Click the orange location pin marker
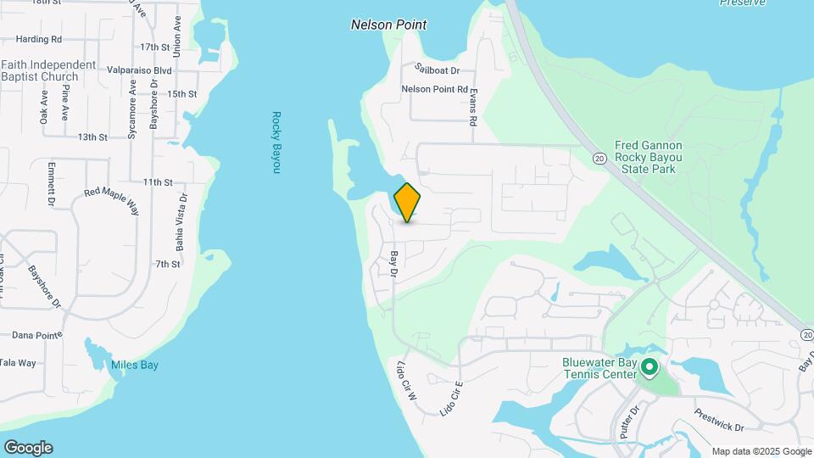(408, 202)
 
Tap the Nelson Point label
(388, 25)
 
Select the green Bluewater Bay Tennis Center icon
(650, 367)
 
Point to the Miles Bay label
(135, 366)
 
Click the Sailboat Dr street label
(437, 70)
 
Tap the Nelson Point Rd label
(435, 89)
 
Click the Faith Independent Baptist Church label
(48, 70)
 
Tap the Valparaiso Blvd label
(140, 71)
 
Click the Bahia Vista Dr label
(181, 222)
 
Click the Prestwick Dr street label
(717, 422)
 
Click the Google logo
(28, 448)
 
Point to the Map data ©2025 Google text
(761, 451)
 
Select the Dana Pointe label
(31, 335)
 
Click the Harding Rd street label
(39, 39)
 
